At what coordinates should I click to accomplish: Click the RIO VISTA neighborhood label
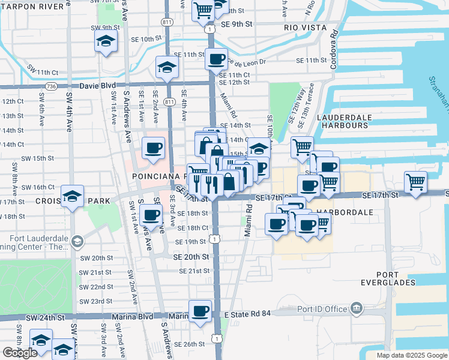pos(306,28)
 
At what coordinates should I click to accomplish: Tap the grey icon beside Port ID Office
pos(357,308)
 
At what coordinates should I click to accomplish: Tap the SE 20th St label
pos(191,256)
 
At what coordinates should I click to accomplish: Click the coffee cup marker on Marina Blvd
pos(200,311)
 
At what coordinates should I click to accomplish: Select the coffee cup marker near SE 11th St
pos(216,59)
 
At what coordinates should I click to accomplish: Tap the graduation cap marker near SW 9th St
pos(106,42)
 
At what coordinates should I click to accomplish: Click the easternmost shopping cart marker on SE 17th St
pos(415,181)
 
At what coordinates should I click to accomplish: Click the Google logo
pos(20,353)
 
